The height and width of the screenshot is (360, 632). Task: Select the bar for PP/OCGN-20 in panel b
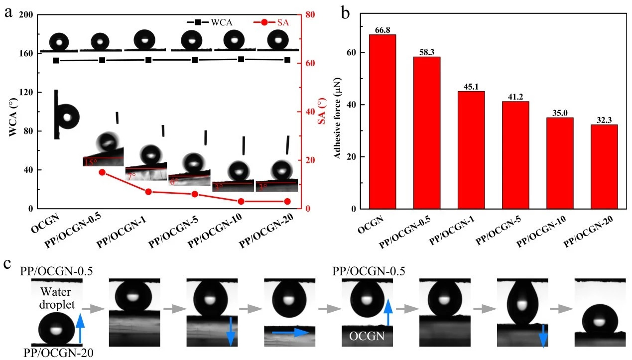(604, 166)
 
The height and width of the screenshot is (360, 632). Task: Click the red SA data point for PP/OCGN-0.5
(102, 172)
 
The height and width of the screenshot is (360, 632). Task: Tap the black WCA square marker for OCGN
(56, 61)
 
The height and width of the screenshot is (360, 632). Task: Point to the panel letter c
(7, 264)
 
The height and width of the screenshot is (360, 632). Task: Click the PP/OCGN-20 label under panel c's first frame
(56, 353)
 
